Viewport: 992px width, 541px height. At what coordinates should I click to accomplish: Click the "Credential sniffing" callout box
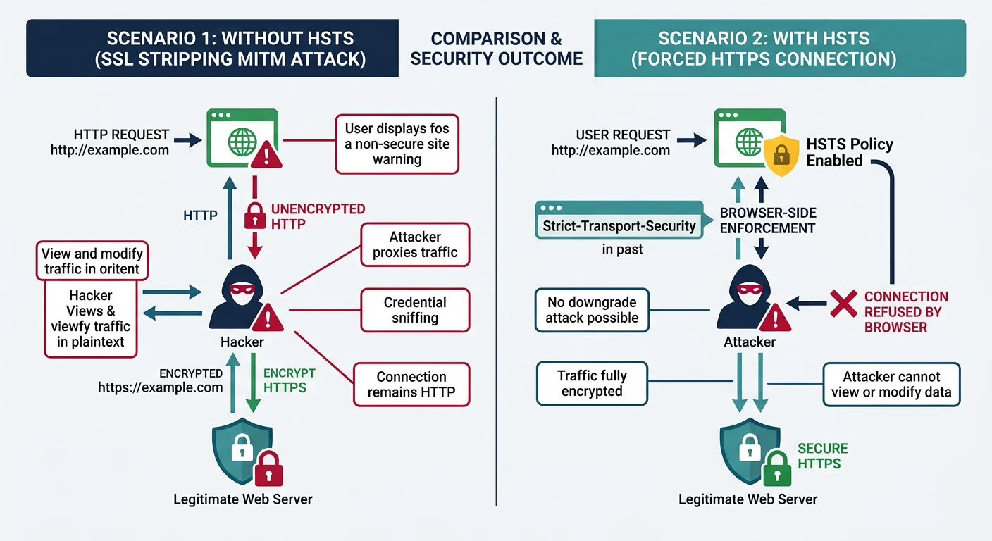[x=415, y=310]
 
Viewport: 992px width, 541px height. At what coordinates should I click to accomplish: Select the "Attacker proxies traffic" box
[x=415, y=244]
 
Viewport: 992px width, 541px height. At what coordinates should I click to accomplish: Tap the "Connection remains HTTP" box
[x=411, y=385]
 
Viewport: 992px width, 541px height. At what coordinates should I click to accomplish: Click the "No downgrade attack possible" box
[x=592, y=310]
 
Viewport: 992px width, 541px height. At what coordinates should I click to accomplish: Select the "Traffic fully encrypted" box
[x=592, y=383]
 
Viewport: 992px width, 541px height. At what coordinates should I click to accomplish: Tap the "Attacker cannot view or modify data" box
[x=891, y=385]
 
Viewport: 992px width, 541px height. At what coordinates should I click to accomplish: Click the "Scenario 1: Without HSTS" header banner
[x=212, y=48]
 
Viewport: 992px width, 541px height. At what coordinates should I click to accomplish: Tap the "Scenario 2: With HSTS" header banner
[x=779, y=48]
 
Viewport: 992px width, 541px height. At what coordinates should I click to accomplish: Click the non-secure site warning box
[x=397, y=144]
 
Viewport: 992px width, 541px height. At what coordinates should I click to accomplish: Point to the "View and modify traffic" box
[x=92, y=261]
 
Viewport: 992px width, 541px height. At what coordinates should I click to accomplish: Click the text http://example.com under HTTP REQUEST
[x=109, y=149]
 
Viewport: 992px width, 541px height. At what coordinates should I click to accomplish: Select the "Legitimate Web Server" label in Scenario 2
[x=748, y=499]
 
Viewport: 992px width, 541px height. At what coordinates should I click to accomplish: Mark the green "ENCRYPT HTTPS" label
[x=288, y=380]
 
